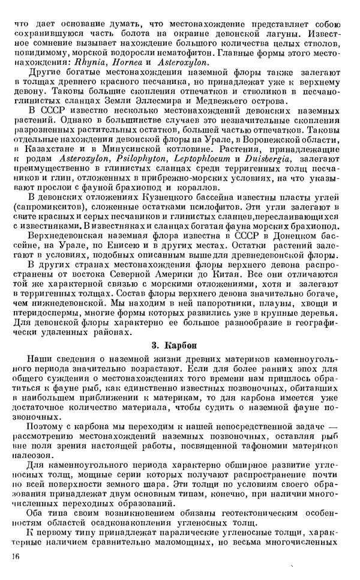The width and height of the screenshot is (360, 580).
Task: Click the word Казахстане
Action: tap(44, 148)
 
